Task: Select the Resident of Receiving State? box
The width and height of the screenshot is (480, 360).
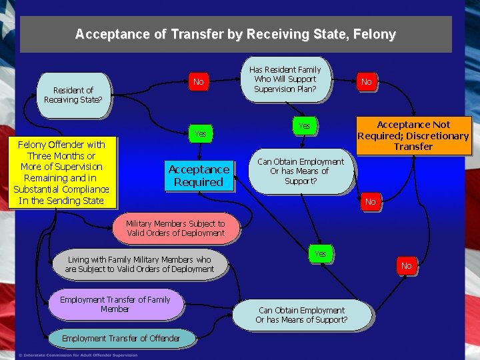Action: coord(73,95)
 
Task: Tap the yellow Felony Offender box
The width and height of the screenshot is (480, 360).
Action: coord(61,172)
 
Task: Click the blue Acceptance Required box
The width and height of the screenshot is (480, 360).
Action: coord(199,175)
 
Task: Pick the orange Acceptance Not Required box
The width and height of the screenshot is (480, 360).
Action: coord(413,135)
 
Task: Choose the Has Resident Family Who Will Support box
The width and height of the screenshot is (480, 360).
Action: coord(285,79)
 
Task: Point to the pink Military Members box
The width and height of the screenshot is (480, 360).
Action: coord(176,229)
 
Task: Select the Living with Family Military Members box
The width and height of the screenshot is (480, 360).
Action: coord(139,264)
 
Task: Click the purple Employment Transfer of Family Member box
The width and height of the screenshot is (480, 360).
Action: coord(115,304)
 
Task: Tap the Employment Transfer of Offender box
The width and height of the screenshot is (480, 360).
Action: coord(121,338)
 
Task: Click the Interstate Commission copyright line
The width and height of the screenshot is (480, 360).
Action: coord(78,355)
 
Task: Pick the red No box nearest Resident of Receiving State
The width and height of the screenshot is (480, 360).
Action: coord(198,82)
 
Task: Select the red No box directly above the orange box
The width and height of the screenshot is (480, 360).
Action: coord(366,82)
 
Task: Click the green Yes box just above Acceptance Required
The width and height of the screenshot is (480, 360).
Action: coord(200,134)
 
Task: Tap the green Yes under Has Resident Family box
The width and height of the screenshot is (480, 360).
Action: coord(304,125)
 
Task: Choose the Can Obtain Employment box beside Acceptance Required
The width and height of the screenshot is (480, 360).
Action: coord(301,171)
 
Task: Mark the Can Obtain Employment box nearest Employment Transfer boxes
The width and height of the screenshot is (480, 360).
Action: coord(301,315)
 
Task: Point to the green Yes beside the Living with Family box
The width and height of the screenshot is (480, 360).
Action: coord(320,254)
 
